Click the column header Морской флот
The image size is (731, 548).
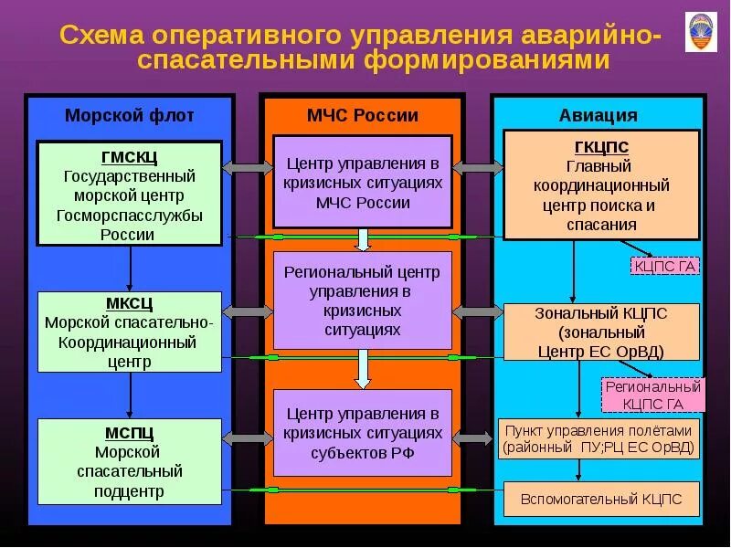coord(129,115)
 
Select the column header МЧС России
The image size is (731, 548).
coord(363,115)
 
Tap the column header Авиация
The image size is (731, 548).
coord(599,115)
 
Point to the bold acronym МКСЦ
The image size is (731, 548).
coord(130,303)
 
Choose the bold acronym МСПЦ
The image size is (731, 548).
coord(130,432)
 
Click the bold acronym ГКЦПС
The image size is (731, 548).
coord(601,147)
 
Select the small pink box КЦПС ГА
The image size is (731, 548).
coord(664,266)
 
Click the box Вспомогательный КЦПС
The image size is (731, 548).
coord(601,500)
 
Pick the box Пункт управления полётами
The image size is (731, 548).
coord(601,438)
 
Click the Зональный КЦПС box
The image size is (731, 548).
coord(601,332)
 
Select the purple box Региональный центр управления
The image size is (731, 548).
coord(363,300)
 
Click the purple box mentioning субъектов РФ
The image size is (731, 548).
coord(363,433)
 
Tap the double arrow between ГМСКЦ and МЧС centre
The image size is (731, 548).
coord(248,168)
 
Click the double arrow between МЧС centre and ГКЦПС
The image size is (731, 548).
coord(478,168)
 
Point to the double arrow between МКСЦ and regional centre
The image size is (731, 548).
coord(248,312)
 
